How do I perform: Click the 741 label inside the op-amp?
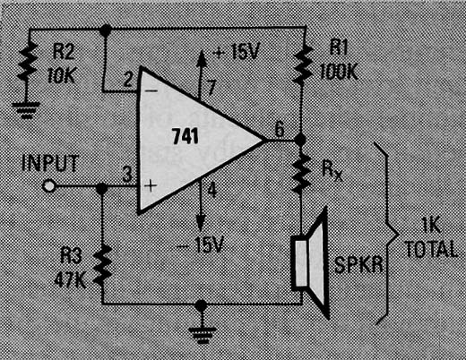click(186, 136)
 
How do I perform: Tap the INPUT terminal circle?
click(48, 186)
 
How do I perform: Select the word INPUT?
click(50, 163)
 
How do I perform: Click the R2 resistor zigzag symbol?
click(28, 62)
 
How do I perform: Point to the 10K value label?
click(62, 75)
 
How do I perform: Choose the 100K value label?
click(339, 72)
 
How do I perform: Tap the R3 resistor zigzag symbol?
click(102, 265)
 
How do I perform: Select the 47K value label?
click(71, 279)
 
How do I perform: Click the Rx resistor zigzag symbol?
click(301, 174)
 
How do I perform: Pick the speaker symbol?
click(311, 262)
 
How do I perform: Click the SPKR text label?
click(358, 264)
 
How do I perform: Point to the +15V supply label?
click(237, 51)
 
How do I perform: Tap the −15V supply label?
click(200, 245)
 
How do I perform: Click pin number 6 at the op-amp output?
click(280, 129)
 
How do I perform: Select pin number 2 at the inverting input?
click(128, 79)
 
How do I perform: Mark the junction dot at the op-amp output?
click(300, 140)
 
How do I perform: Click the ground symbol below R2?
click(26, 110)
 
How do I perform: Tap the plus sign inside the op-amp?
click(151, 185)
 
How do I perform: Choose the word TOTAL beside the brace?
click(431, 249)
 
